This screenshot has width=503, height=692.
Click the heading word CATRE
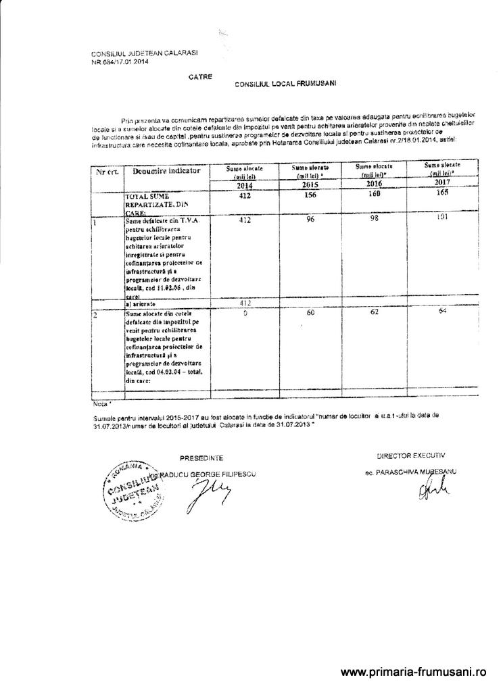(x=201, y=77)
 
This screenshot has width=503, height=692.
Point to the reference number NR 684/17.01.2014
(x=120, y=61)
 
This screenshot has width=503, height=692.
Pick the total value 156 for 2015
(x=310, y=195)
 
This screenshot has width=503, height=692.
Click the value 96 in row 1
(x=310, y=220)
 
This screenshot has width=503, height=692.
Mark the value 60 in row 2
(x=311, y=314)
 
